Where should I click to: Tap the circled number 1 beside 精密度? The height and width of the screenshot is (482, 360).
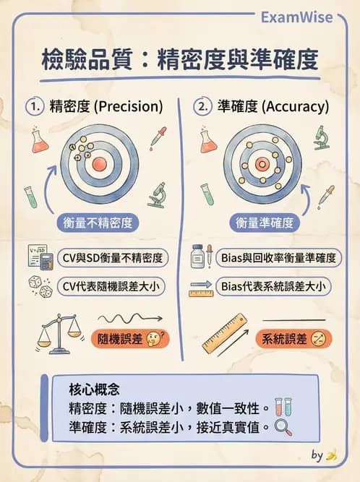click(x=33, y=106)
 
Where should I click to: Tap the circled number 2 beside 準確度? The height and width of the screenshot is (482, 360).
click(x=202, y=106)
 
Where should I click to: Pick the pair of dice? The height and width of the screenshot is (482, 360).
click(x=39, y=286)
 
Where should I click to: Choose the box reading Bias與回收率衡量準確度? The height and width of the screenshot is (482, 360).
click(x=279, y=258)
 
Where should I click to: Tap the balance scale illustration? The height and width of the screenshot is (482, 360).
click(x=59, y=332)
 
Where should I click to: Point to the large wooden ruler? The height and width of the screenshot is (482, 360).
click(x=226, y=334)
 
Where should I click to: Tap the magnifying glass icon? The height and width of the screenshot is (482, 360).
click(x=283, y=426)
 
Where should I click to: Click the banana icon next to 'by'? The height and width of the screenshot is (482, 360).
click(x=331, y=455)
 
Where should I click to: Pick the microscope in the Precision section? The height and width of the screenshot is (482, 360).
click(x=156, y=195)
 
